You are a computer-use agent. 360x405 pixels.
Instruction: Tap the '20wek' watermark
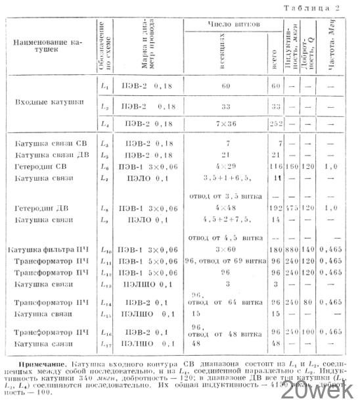323,392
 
